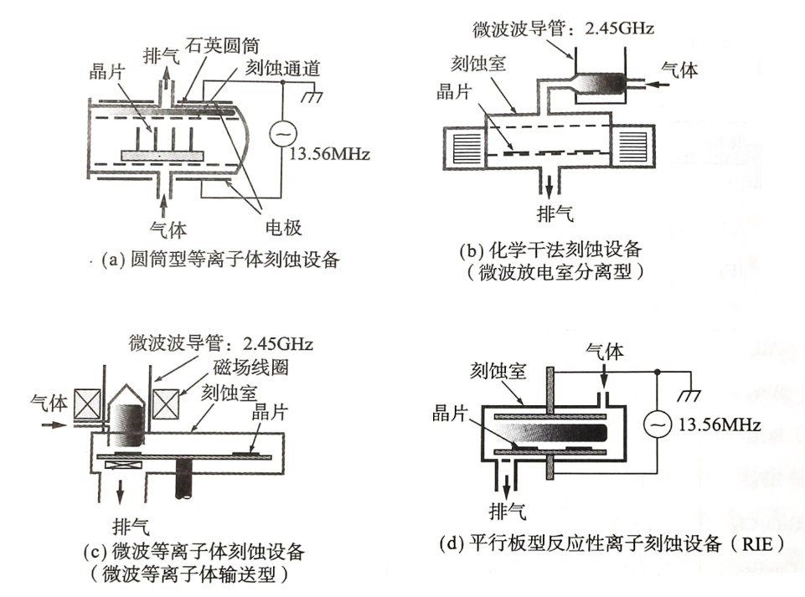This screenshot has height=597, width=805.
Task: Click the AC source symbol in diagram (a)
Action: pyautogui.click(x=282, y=133)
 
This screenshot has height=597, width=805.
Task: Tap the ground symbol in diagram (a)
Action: pyautogui.click(x=312, y=95)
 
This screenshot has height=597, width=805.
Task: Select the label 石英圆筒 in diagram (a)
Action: pyautogui.click(x=222, y=46)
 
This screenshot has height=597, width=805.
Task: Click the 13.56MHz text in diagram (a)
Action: pyautogui.click(x=329, y=154)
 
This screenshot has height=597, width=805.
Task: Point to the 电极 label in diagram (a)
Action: pyautogui.click(x=283, y=228)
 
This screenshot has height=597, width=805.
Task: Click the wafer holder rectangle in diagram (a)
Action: pyautogui.click(x=163, y=155)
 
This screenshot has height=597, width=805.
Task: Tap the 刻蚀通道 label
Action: pyautogui.click(x=283, y=69)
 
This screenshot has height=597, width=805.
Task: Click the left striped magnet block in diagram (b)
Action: pyautogui.click(x=467, y=147)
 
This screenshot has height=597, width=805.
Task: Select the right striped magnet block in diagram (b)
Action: pyautogui.click(x=633, y=147)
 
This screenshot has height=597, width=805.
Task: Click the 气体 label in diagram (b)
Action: pyautogui.click(x=679, y=69)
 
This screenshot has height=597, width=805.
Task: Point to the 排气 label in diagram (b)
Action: pyautogui.click(x=555, y=213)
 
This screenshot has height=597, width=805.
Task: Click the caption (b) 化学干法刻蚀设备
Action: pyautogui.click(x=551, y=250)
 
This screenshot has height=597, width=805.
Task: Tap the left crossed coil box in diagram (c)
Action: pyautogui.click(x=88, y=404)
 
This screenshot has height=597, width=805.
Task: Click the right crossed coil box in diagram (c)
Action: pyautogui.click(x=165, y=404)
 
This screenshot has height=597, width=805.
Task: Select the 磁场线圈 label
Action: pyautogui.click(x=250, y=367)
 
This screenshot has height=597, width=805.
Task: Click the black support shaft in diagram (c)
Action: pyautogui.click(x=183, y=478)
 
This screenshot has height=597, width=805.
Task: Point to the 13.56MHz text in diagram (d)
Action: pyautogui.click(x=720, y=425)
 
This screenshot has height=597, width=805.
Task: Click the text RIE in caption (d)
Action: pyautogui.click(x=757, y=543)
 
